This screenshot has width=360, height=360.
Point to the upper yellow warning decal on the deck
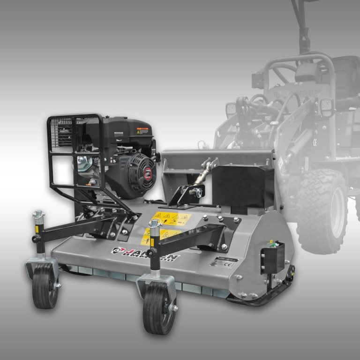(x=171, y=218)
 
